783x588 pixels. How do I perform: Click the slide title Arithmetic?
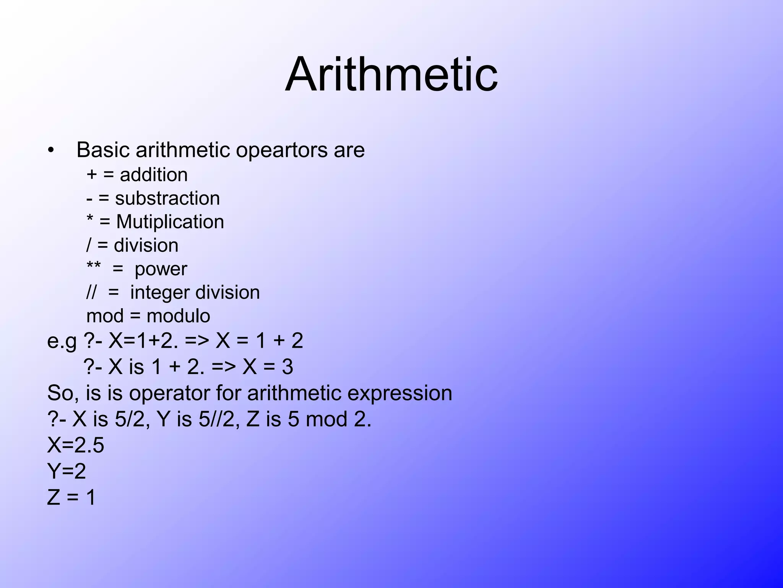click(391, 74)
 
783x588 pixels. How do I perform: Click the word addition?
click(154, 175)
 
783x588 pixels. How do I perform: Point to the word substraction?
click(167, 198)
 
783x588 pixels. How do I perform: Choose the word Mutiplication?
click(170, 222)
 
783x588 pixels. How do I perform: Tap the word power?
click(161, 269)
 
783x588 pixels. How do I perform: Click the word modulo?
click(178, 316)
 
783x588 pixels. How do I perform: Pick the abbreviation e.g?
click(62, 341)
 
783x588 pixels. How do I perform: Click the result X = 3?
click(268, 367)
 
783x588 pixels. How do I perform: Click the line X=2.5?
click(75, 446)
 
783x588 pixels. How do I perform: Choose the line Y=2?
click(66, 472)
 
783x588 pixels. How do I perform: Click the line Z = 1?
click(71, 498)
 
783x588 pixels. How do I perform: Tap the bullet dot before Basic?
click(51, 150)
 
